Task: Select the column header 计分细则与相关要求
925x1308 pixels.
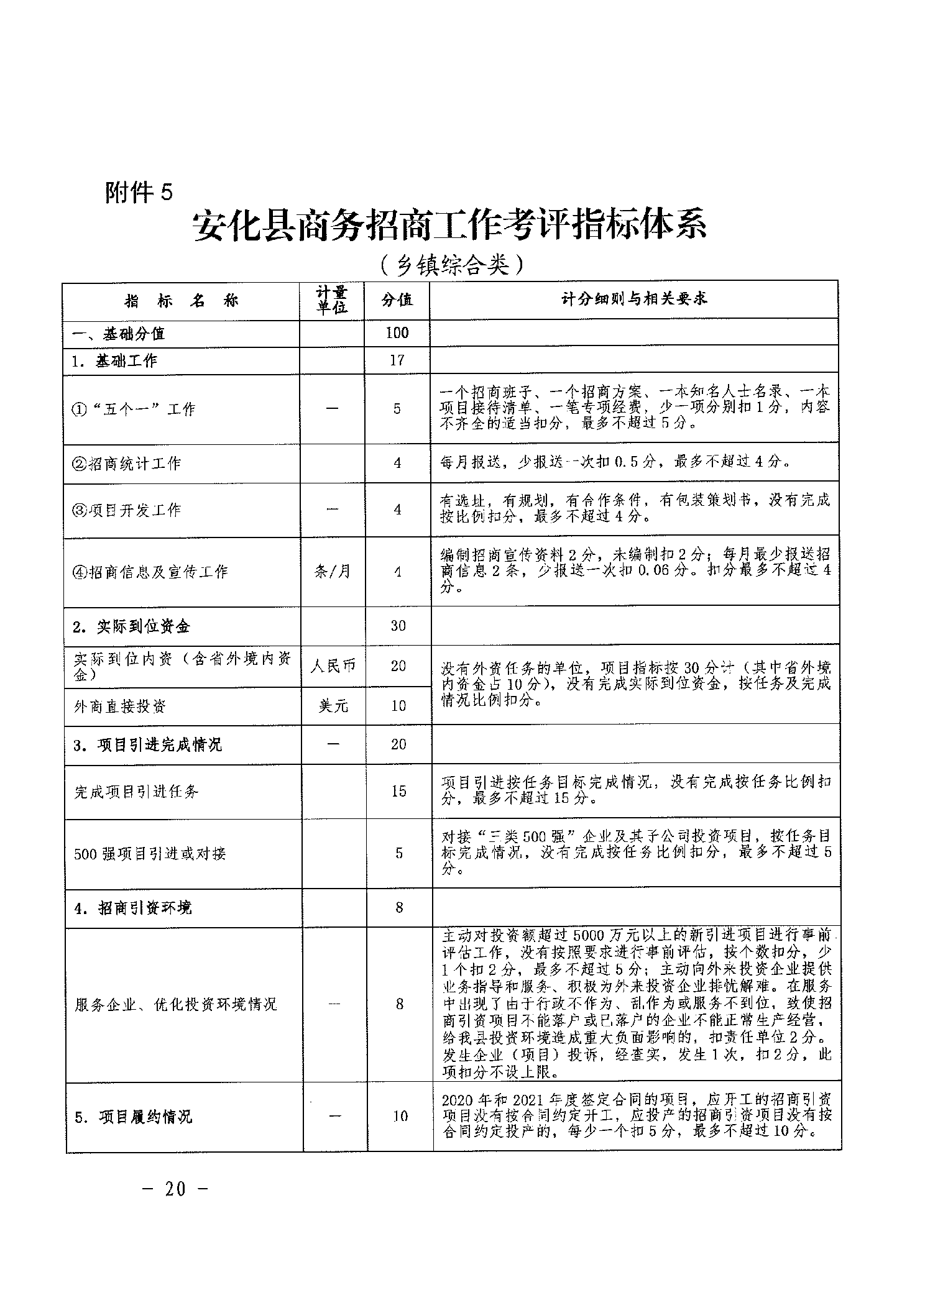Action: [633, 300]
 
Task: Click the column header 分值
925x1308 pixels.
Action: [397, 300]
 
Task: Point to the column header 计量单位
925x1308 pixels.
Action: [332, 300]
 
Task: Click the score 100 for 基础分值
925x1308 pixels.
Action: [397, 332]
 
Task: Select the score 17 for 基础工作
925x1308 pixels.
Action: [397, 360]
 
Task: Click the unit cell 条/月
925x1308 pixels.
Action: [333, 571]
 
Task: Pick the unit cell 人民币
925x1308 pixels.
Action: [333, 665]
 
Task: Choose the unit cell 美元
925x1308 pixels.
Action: [333, 706]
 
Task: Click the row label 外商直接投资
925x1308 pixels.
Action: [120, 707]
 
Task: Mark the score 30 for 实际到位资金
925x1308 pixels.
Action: [398, 626]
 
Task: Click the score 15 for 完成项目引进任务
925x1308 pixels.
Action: [398, 791]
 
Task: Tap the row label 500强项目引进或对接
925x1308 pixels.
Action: [149, 854]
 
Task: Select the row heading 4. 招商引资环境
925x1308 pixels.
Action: [133, 908]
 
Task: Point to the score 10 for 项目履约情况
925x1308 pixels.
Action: [400, 1116]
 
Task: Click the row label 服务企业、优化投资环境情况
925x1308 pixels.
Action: [176, 1004]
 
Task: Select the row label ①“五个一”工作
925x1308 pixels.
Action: [134, 409]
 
